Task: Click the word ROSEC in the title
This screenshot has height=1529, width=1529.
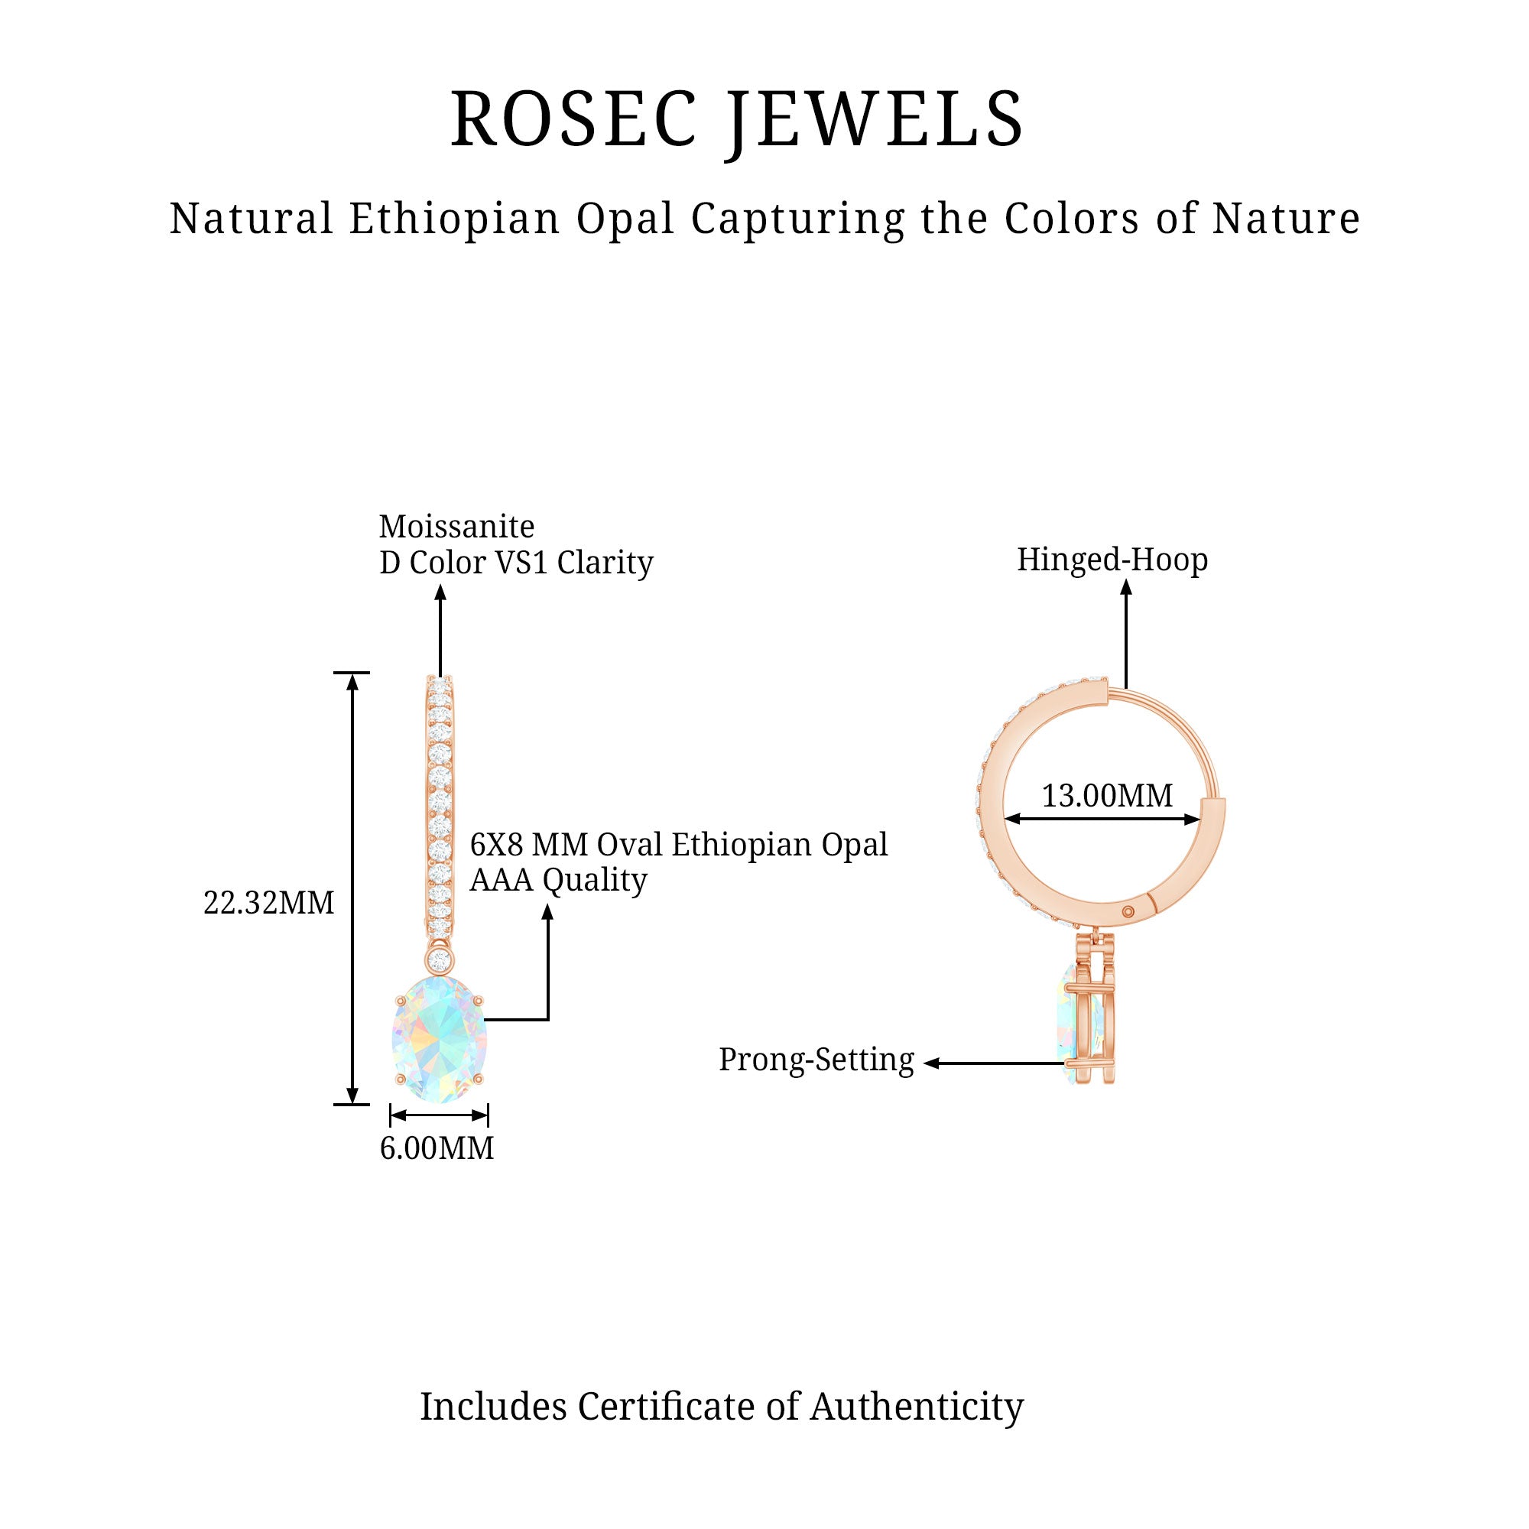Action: [x=575, y=119]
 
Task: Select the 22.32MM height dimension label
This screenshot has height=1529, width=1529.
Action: [x=269, y=903]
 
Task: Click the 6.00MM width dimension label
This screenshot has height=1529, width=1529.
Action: [x=437, y=1148]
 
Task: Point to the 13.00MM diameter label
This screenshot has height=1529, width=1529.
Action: [x=1107, y=795]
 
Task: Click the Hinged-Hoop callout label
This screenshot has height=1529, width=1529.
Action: [x=1112, y=560]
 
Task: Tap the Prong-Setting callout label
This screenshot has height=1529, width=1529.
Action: [x=816, y=1060]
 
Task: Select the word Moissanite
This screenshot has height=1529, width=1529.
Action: [x=456, y=526]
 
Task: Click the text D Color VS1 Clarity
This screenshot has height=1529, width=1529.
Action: [x=516, y=563]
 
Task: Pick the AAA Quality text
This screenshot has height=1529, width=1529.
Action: [x=559, y=880]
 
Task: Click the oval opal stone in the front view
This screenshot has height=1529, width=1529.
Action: [x=440, y=1039]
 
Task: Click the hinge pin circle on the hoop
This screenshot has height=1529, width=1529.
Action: [x=1128, y=913]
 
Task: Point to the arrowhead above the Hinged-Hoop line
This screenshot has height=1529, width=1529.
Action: [x=1126, y=586]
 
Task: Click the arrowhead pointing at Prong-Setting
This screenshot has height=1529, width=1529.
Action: [x=931, y=1063]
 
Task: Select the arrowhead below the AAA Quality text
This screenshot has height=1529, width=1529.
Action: [x=547, y=912]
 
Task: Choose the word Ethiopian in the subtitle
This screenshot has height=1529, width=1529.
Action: [x=455, y=219]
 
